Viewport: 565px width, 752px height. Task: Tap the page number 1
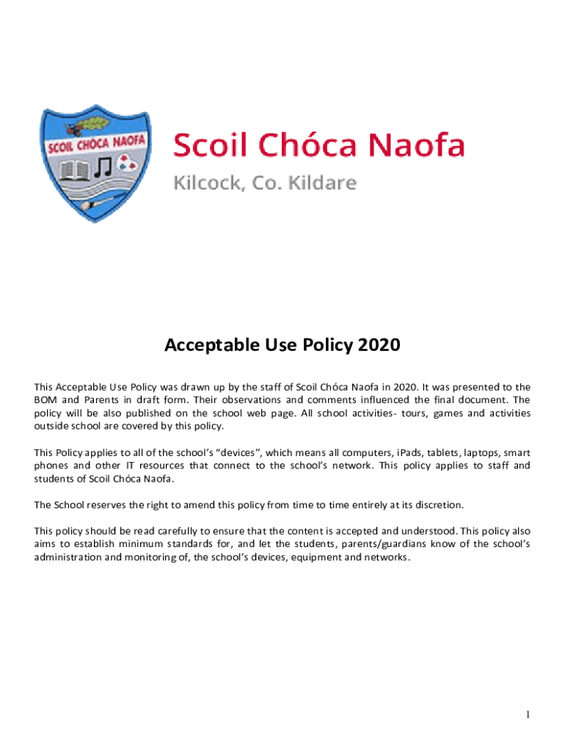pyautogui.click(x=528, y=715)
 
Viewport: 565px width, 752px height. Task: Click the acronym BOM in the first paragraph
pyautogui.click(x=46, y=400)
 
